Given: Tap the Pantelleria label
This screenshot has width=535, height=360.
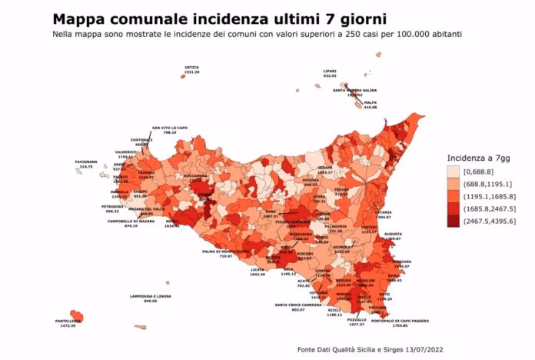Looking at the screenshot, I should coord(67,322).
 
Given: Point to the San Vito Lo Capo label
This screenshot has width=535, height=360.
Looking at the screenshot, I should coord(168,129).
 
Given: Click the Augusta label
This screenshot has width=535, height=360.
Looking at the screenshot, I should coord(393,235).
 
